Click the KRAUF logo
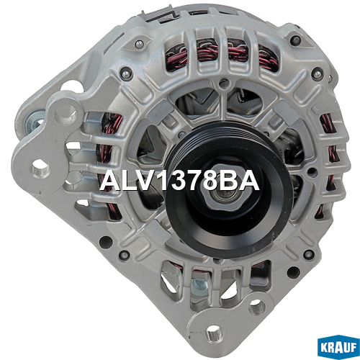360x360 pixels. (338, 348)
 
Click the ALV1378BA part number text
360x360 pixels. (179, 181)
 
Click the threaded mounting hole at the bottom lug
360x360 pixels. (214, 334)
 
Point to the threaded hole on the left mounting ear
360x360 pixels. (40, 168)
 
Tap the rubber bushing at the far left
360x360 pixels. (35, 122)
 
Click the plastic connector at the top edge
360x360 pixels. (161, 16)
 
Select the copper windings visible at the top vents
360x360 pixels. (222, 56)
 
